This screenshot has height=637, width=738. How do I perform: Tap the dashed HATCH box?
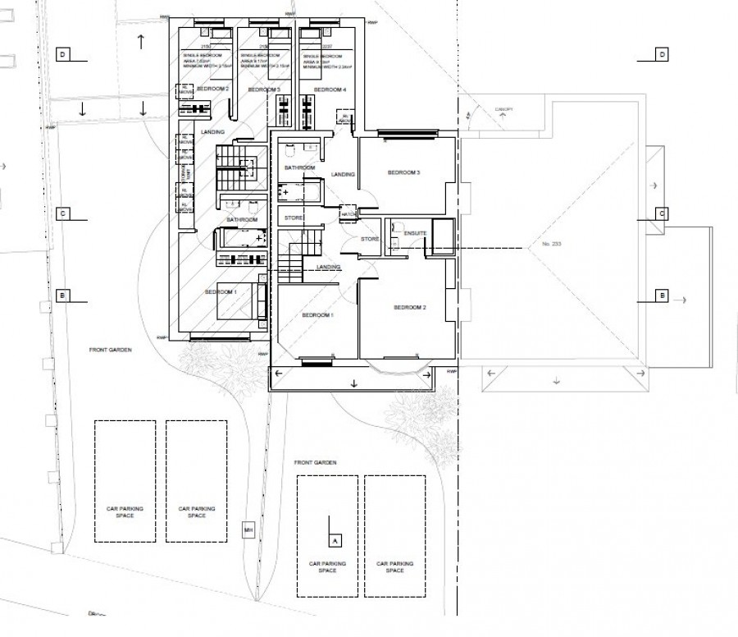tap(348, 211)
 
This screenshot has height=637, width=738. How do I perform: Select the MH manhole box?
tap(248, 530)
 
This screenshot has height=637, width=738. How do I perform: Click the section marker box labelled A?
tap(334, 540)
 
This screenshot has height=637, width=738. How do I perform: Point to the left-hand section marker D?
tap(62, 54)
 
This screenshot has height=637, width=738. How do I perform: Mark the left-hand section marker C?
tap(62, 213)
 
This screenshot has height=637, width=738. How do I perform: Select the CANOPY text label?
tap(501, 108)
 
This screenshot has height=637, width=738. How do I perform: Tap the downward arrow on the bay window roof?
tap(353, 383)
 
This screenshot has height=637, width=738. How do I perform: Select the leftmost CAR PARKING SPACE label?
tap(125, 512)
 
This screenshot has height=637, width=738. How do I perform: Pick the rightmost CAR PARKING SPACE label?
tap(394, 566)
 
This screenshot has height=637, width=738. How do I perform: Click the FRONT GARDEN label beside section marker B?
tap(111, 350)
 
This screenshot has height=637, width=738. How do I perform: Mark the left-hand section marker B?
tap(62, 295)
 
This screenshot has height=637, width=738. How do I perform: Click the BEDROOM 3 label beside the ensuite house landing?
tap(403, 173)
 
